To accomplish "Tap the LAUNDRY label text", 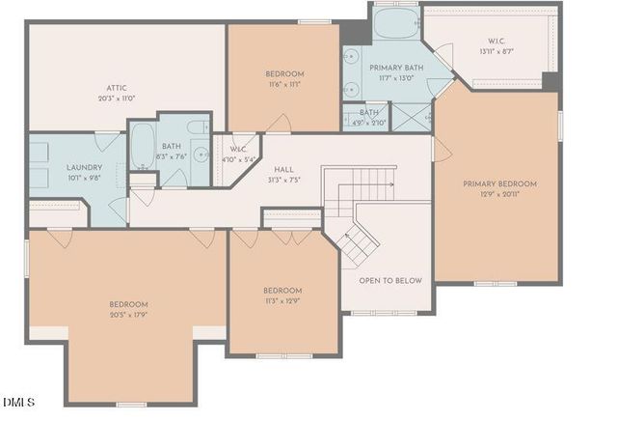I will click(57, 167).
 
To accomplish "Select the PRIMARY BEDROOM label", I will click(499, 183).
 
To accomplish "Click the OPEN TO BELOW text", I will click(390, 281).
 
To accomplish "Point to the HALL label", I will click(283, 169).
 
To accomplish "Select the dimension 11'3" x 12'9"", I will click(282, 300).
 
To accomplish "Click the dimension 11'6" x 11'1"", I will click(284, 84).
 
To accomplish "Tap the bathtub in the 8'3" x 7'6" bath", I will click(143, 146).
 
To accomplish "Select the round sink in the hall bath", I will click(200, 154).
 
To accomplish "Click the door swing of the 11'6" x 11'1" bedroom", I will click(280, 124).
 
